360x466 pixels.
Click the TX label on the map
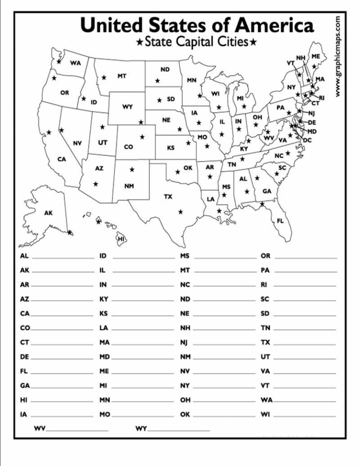pyautogui.click(x=168, y=196)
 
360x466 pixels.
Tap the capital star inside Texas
pyautogui.click(x=180, y=212)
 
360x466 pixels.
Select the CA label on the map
pyautogui.click(x=62, y=159)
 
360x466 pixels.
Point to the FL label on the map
pyautogui.click(x=280, y=220)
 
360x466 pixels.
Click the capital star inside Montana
pyautogui.click(x=104, y=77)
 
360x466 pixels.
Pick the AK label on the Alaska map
pyautogui.click(x=49, y=213)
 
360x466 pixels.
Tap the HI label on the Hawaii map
pyautogui.click(x=121, y=239)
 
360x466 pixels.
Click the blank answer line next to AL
pyautogui.click(x=63, y=258)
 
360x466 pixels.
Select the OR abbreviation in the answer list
pyautogui.click(x=266, y=256)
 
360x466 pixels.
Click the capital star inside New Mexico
pyautogui.click(x=132, y=169)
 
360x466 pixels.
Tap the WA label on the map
pyautogui.click(x=75, y=63)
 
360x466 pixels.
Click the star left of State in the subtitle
pyautogui.click(x=139, y=43)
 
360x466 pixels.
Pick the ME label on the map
pyautogui.click(x=315, y=56)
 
